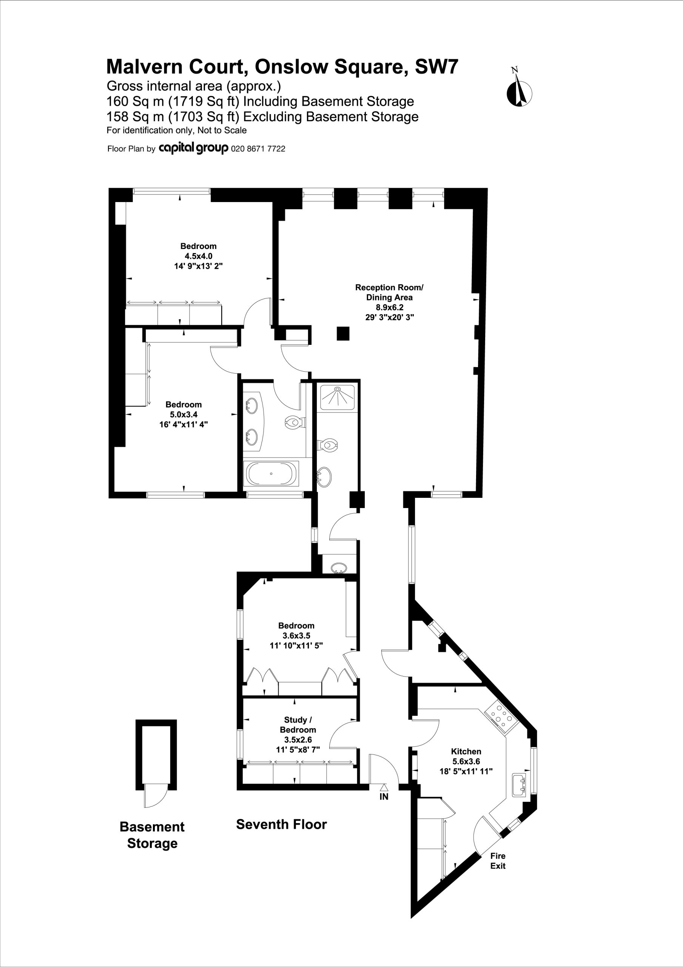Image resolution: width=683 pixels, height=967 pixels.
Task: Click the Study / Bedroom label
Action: tap(298, 724)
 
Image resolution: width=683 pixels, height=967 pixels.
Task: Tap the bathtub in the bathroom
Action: tap(271, 473)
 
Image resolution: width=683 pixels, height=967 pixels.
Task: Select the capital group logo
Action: tap(193, 148)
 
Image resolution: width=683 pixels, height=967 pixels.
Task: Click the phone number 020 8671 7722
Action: tap(258, 149)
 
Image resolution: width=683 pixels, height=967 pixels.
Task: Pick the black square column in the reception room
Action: tap(343, 334)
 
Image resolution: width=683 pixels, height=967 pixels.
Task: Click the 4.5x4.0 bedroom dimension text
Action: tap(198, 256)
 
